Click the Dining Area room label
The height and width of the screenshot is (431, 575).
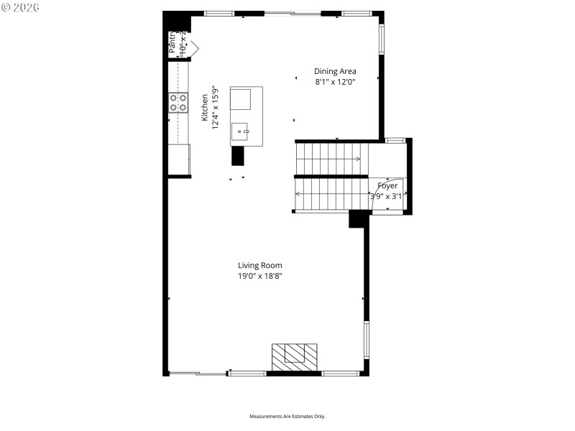tap(335, 71)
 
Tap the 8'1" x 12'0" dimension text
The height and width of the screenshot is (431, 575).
tap(335, 82)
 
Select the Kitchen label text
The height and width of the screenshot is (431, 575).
tap(204, 106)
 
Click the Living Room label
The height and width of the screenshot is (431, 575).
tap(260, 265)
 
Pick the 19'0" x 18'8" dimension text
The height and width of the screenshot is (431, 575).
tap(260, 276)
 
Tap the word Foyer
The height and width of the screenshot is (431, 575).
tap(387, 186)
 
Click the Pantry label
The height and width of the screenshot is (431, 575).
tap(172, 43)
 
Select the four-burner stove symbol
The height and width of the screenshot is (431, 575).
tap(178, 102)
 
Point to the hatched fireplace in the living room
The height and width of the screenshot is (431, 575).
tap(294, 356)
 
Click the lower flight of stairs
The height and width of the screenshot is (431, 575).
tap(330, 194)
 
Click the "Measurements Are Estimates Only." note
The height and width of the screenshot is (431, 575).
tap(287, 417)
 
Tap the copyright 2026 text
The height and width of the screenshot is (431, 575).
tap(21, 7)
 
